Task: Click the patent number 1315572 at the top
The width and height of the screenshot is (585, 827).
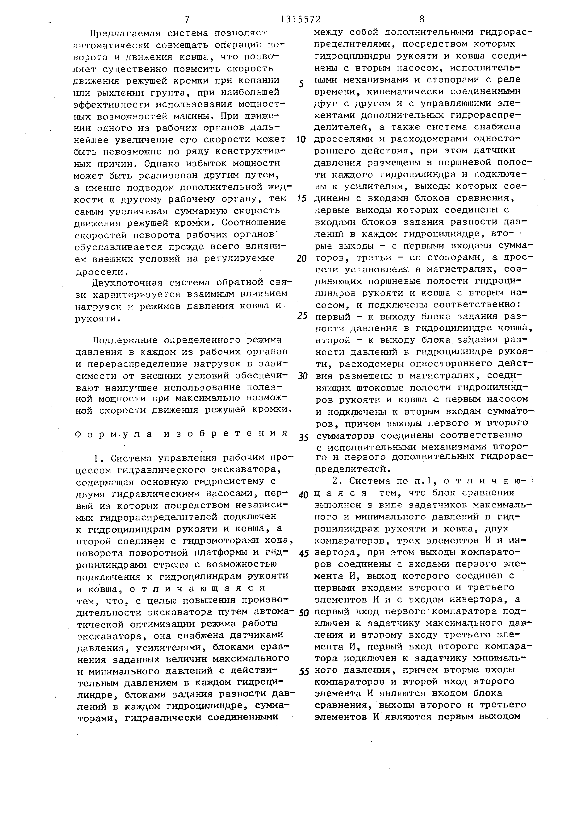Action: pyautogui.click(x=301, y=19)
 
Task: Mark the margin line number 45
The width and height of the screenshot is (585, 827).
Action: pyautogui.click(x=304, y=554)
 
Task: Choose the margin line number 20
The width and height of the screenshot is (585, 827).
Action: pyautogui.click(x=301, y=259)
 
